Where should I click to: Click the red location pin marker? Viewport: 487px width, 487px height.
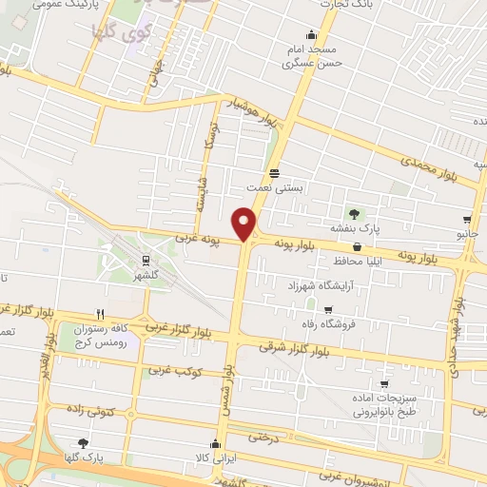pos(245,223)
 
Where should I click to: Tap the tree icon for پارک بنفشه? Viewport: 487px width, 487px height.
pos(354,214)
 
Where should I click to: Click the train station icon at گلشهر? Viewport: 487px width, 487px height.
pos(146,259)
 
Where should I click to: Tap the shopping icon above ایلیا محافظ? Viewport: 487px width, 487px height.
pos(356,246)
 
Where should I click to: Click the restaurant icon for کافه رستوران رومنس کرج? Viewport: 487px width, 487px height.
pos(100,313)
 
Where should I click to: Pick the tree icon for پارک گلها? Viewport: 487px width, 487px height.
pos(82,443)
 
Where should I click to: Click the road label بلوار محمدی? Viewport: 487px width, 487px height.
pos(429,165)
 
